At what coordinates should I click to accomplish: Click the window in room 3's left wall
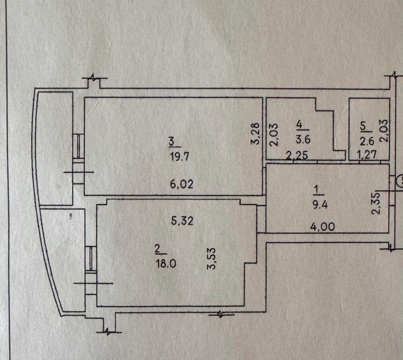78,145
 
